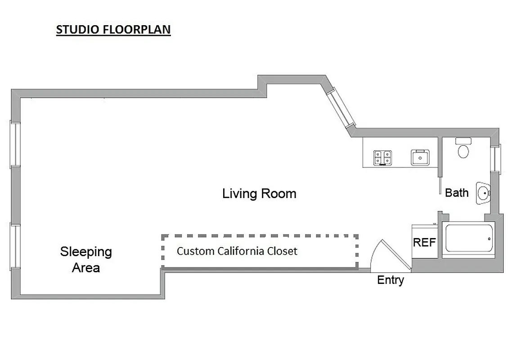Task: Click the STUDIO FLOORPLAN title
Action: click(x=113, y=30)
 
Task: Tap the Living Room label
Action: click(x=259, y=194)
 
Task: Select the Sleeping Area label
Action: click(x=86, y=260)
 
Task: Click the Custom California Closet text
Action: click(x=237, y=251)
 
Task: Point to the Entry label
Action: click(x=390, y=280)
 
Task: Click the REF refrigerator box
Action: click(x=424, y=242)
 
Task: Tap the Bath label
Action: click(x=457, y=193)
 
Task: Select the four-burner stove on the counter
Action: click(x=382, y=157)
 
